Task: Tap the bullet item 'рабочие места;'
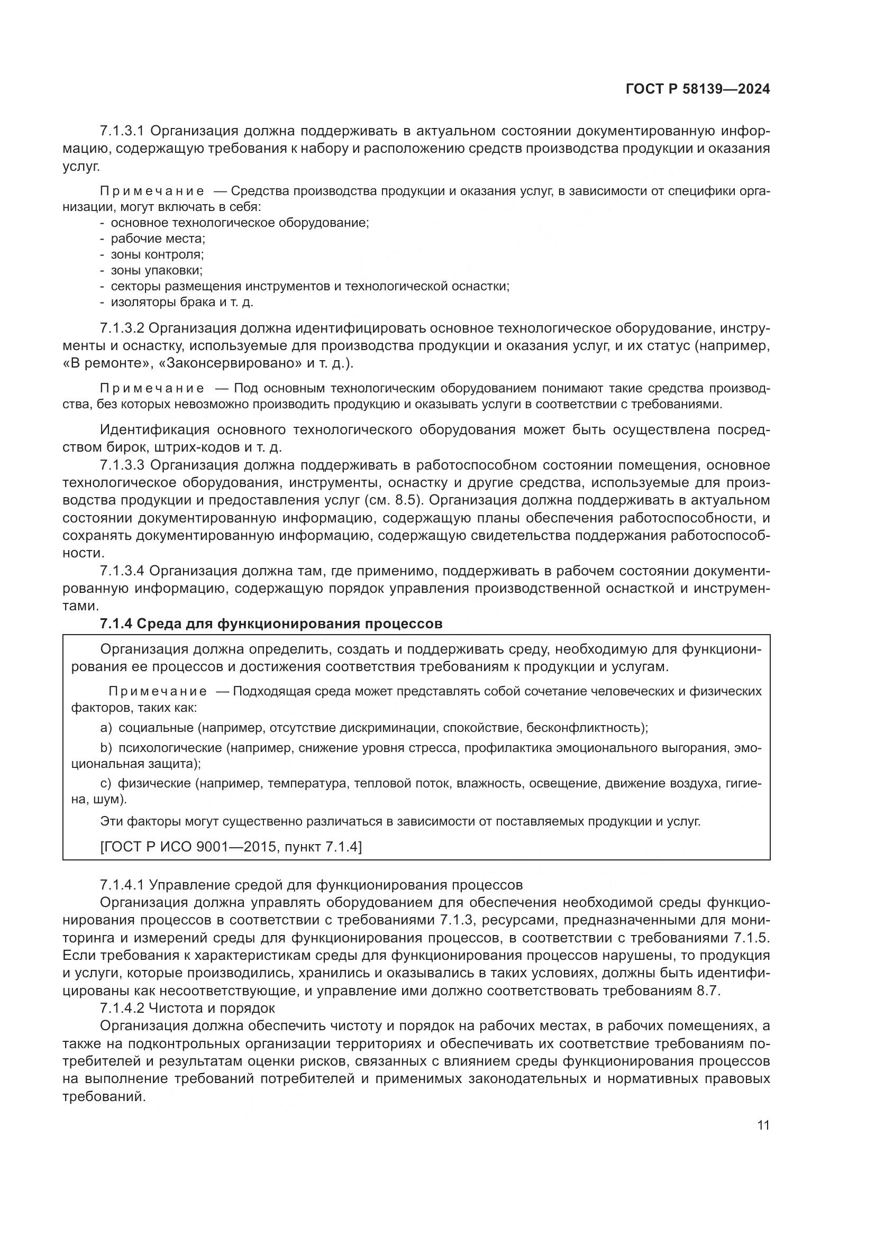[158, 238]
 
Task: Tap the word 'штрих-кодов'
[190, 447]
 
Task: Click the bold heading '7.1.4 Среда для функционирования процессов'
[271, 624]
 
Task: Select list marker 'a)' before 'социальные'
[106, 728]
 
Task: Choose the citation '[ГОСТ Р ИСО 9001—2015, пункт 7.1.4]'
[231, 846]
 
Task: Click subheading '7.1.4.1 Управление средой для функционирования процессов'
[311, 885]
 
